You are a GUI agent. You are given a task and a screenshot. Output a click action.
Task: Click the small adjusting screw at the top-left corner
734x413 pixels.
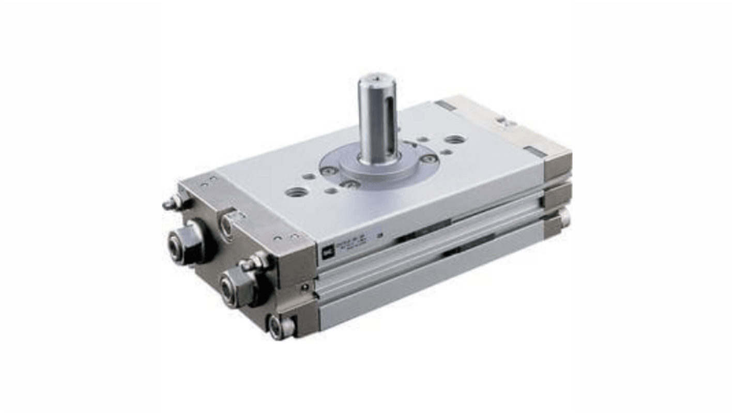point(171,204)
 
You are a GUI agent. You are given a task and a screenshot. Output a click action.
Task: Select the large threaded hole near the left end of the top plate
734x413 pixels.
point(297,191)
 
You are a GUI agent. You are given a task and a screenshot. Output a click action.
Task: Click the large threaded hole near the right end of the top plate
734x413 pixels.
point(455,139)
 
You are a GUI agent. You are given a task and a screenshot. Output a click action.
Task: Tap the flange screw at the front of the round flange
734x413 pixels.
point(351,183)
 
